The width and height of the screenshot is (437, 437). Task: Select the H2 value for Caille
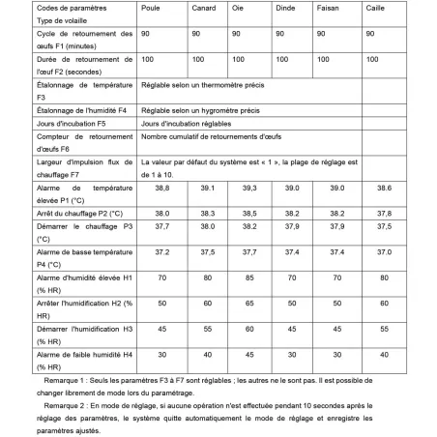click(384, 303)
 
